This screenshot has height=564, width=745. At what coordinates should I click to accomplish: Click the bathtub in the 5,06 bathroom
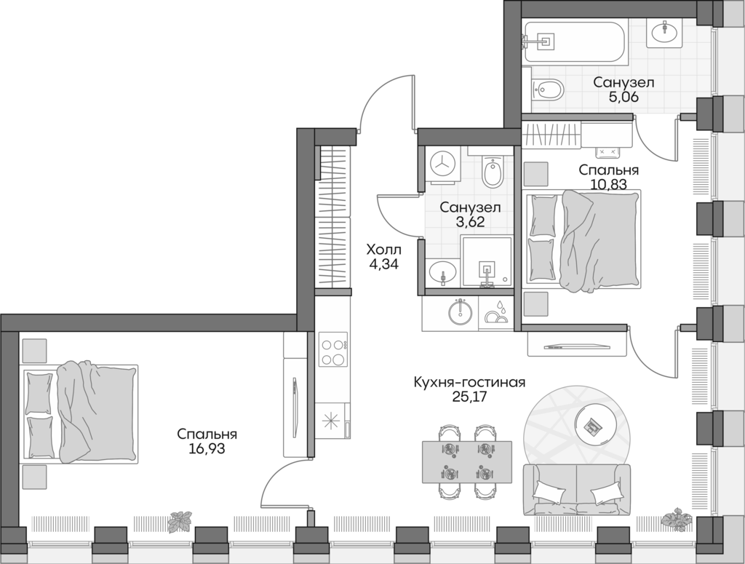tap(575, 41)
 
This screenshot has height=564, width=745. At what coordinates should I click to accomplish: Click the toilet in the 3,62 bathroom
tap(493, 172)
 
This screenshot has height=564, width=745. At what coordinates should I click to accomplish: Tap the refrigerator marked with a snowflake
tap(333, 423)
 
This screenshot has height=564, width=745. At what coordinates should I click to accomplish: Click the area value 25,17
tap(469, 397)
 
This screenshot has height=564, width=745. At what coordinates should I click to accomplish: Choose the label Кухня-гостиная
tap(469, 383)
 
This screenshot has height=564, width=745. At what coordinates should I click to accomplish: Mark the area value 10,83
tap(609, 185)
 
